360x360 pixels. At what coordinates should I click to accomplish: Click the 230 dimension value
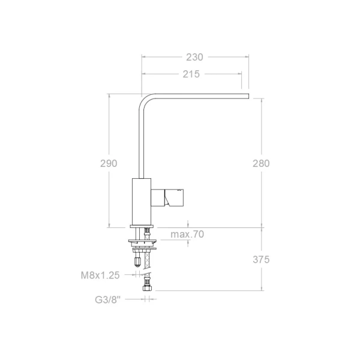(x=194, y=57)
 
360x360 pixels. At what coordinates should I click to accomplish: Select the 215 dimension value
(x=191, y=74)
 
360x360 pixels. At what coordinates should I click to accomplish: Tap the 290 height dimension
(x=109, y=163)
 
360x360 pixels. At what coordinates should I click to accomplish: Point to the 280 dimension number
(x=261, y=163)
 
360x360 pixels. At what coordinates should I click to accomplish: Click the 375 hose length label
(x=261, y=260)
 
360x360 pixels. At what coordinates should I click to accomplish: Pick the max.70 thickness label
(x=187, y=234)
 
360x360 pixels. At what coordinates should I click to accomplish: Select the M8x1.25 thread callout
(x=100, y=275)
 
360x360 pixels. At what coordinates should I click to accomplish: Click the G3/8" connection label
(x=107, y=299)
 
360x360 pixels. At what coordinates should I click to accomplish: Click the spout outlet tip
(x=248, y=96)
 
